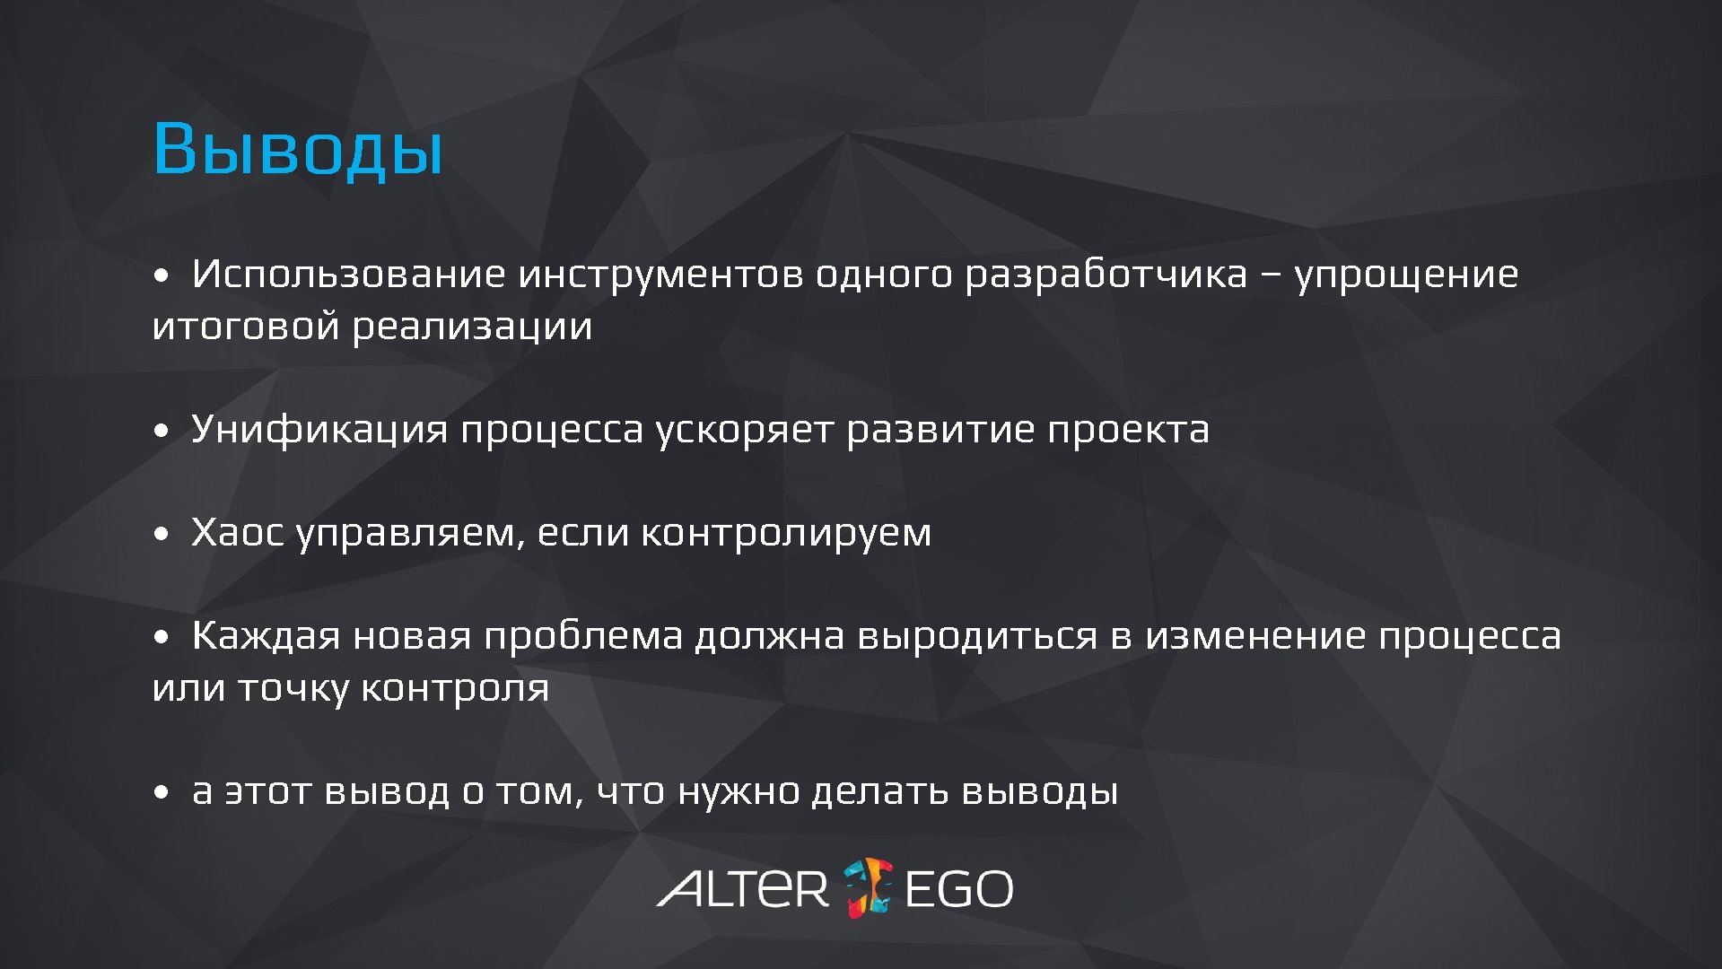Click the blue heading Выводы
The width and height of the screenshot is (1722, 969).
(x=298, y=148)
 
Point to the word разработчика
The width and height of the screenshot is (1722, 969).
(x=1106, y=274)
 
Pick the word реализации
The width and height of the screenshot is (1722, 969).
(x=472, y=327)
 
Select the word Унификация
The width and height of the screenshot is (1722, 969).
(x=319, y=430)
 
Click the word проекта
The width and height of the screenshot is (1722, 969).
(x=1128, y=430)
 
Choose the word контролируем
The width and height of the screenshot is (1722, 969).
(x=786, y=533)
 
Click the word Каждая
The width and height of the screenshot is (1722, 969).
(x=266, y=636)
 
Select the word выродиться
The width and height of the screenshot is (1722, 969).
(x=977, y=636)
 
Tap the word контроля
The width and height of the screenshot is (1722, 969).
(x=454, y=688)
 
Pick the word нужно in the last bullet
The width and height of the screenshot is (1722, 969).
(x=738, y=791)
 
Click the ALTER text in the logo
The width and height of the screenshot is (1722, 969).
(x=743, y=888)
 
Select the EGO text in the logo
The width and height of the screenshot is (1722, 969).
(x=958, y=888)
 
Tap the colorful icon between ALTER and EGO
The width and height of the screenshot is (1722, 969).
(x=868, y=887)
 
